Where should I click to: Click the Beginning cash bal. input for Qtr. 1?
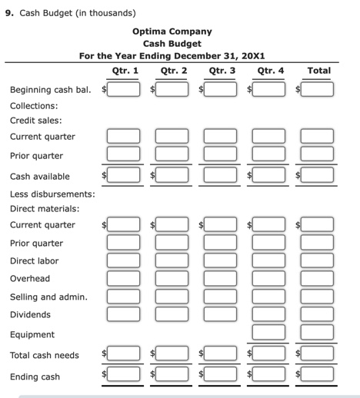click(x=124, y=89)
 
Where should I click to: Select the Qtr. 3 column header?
click(x=222, y=71)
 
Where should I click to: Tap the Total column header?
click(x=318, y=71)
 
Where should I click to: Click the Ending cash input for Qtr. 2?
click(x=173, y=376)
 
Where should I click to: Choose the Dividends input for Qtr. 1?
click(x=124, y=313)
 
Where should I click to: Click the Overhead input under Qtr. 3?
click(x=221, y=278)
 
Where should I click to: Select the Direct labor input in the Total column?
click(x=318, y=260)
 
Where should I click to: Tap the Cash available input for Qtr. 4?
click(x=269, y=175)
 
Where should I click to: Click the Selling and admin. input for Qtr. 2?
click(x=173, y=296)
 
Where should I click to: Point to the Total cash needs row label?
click(x=44, y=355)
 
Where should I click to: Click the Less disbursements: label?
click(x=52, y=194)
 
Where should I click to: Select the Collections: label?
click(x=33, y=105)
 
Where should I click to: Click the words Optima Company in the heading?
click(x=172, y=32)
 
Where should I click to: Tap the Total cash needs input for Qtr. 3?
click(x=221, y=355)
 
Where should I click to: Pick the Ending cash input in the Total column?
click(x=318, y=376)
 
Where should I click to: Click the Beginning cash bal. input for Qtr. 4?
click(x=269, y=89)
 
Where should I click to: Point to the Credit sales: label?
click(x=35, y=121)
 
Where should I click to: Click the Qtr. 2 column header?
click(x=174, y=71)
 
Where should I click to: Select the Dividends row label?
click(x=30, y=314)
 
